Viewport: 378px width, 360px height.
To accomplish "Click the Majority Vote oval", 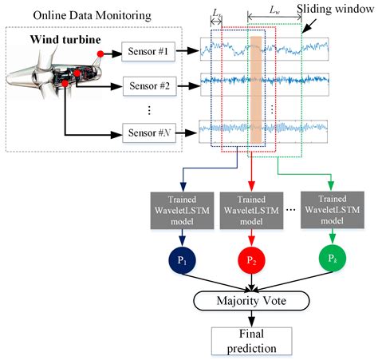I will point(253,301).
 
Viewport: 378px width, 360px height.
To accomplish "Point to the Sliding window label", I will point(334,10).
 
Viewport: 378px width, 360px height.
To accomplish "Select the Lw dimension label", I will point(274,10).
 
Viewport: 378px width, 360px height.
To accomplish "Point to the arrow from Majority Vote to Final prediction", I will point(253,319).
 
